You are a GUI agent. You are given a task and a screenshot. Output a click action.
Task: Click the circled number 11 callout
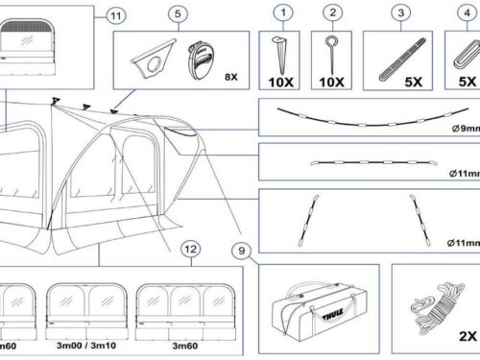[x=116, y=16]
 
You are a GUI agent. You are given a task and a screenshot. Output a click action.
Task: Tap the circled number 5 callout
[x=178, y=13]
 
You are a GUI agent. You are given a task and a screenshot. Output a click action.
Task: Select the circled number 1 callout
[x=283, y=12]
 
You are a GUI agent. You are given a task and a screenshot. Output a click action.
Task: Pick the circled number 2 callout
[x=333, y=12]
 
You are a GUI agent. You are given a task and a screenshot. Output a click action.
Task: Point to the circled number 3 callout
[x=401, y=12]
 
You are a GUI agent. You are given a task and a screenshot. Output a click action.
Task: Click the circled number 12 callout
[x=191, y=249]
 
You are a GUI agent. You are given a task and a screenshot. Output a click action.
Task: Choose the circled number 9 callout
[x=242, y=251]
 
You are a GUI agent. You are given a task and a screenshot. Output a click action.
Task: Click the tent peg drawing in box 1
[x=280, y=55]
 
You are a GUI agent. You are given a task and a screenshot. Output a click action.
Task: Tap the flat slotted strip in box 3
[x=402, y=60]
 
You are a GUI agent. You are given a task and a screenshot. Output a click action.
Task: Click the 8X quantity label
[x=231, y=77]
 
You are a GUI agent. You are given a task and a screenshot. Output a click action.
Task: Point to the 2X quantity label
[x=468, y=336]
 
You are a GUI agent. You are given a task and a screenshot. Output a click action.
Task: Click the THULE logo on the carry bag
[x=333, y=314]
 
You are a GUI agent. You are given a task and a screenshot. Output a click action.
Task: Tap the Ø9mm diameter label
[x=466, y=129]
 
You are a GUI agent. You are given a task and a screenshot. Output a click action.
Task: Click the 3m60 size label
[x=185, y=346]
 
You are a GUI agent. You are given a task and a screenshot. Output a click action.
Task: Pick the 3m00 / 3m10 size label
[x=86, y=346]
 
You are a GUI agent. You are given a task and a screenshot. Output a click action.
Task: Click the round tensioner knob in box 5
[x=201, y=60]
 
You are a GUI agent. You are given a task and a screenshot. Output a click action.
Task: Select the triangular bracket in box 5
[x=154, y=59]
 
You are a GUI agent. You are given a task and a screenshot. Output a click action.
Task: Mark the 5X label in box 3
[x=414, y=82]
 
